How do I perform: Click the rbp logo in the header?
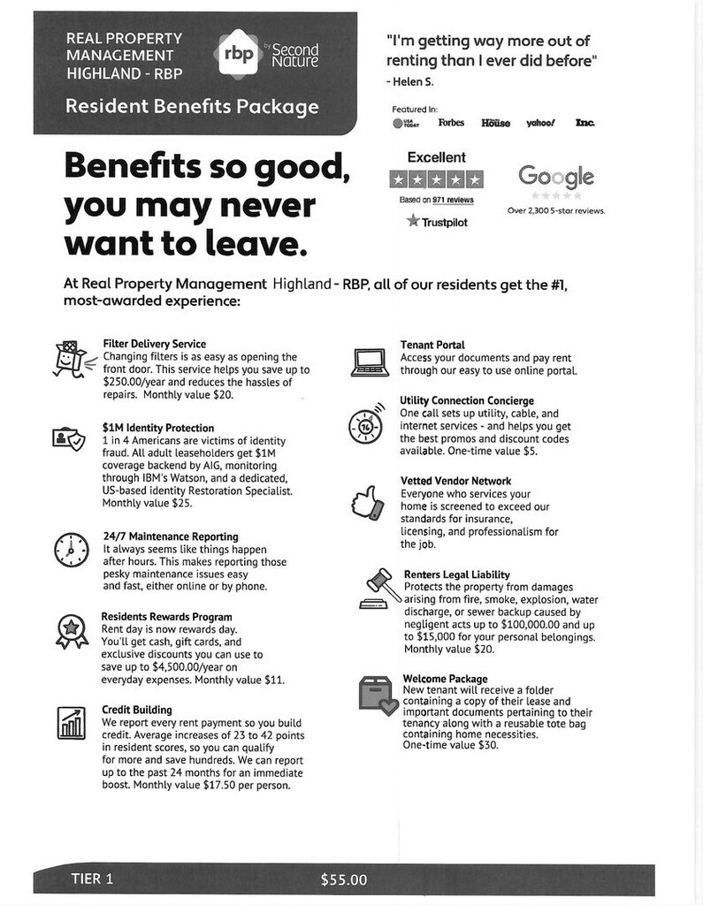tap(239, 54)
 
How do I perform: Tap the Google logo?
tap(555, 176)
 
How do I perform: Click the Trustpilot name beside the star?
tap(443, 222)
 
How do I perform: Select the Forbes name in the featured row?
tap(451, 123)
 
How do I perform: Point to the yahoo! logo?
tap(540, 123)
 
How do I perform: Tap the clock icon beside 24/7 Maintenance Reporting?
tap(70, 550)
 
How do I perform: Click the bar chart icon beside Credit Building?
tap(71, 722)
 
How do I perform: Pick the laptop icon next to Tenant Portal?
tap(369, 361)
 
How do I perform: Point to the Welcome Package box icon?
tap(375, 693)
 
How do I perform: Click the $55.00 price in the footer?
tap(343, 879)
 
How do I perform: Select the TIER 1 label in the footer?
tap(91, 878)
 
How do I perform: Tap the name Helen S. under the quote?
tap(412, 82)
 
